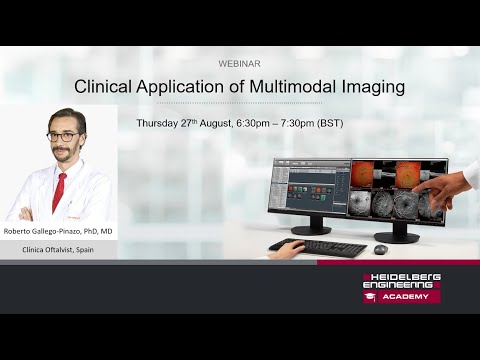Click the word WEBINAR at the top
tap(239, 62)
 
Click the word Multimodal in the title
tap(303, 87)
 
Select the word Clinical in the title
tap(106, 87)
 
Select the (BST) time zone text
tap(330, 123)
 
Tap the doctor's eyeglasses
tap(64, 136)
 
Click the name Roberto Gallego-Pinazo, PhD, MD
tap(58, 231)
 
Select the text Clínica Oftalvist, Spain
tap(58, 249)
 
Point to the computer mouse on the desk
tap(380, 249)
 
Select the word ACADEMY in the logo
tap(408, 296)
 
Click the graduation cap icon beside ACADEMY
tap(370, 296)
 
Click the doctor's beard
tap(65, 155)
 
